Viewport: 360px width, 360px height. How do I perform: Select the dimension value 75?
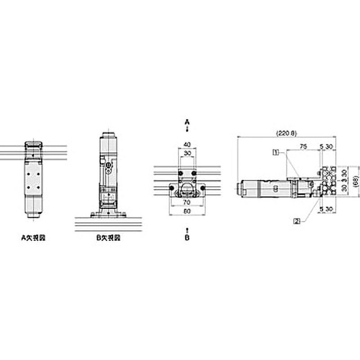(x=303, y=146)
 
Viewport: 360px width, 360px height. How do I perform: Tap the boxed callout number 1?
(x=275, y=152)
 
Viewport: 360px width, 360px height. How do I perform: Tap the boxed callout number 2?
(x=297, y=220)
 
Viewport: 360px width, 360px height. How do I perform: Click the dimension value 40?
(x=187, y=144)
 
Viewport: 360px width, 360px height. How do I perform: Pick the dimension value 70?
(x=187, y=203)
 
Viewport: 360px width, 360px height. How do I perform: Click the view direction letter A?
(x=187, y=121)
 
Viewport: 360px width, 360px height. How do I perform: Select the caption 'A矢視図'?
(x=34, y=238)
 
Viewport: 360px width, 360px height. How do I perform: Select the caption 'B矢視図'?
(x=108, y=238)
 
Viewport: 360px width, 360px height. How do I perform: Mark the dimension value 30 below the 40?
(x=187, y=153)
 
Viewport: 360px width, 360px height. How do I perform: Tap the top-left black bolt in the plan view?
(x=180, y=174)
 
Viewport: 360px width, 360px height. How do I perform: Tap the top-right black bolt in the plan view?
(x=194, y=174)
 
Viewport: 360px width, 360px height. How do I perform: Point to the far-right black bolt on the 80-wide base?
(x=203, y=187)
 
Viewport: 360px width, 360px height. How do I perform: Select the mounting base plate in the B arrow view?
(x=108, y=215)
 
